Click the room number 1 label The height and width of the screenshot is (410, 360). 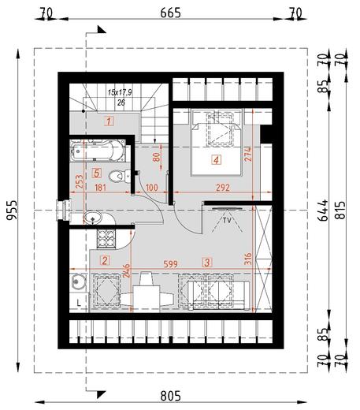click(x=109, y=121)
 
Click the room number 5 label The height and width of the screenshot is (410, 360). click(x=96, y=173)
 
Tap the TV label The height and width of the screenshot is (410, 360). click(x=227, y=221)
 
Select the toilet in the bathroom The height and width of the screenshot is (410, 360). click(x=117, y=176)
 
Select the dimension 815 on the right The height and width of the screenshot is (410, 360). click(x=340, y=209)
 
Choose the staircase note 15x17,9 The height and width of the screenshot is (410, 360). click(x=121, y=92)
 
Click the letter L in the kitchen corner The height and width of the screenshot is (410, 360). click(x=79, y=301)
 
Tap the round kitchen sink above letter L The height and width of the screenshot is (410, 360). click(x=77, y=281)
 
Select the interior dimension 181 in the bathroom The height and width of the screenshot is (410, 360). click(x=99, y=188)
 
